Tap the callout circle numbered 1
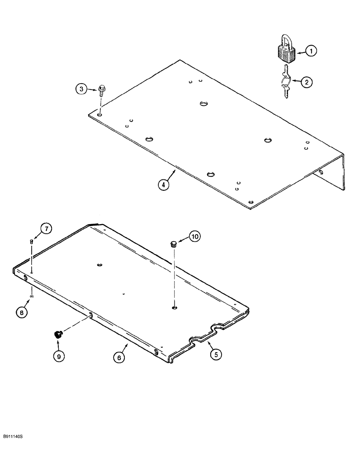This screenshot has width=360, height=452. click(x=310, y=52)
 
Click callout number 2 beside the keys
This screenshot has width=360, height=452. click(x=306, y=82)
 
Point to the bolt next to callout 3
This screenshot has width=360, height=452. click(x=100, y=94)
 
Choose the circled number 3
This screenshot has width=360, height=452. click(x=80, y=89)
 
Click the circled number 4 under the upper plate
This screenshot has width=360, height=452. click(x=164, y=184)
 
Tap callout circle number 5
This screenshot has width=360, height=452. click(x=215, y=354)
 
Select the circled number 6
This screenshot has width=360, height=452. click(x=118, y=357)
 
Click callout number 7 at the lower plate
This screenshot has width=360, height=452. click(x=47, y=229)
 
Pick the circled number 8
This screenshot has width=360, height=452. click(x=22, y=311)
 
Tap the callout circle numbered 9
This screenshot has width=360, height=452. click(x=58, y=356)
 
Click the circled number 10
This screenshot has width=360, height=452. click(x=194, y=236)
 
